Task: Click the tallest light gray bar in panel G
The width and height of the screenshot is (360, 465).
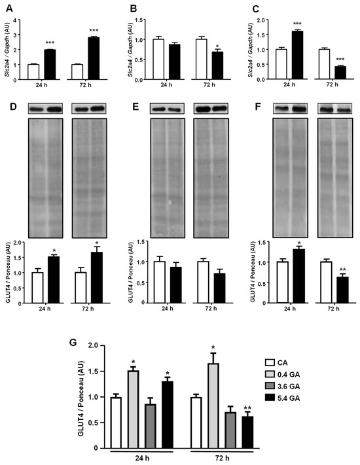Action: point(212,405)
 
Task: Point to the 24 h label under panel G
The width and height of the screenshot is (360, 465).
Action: point(141,460)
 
